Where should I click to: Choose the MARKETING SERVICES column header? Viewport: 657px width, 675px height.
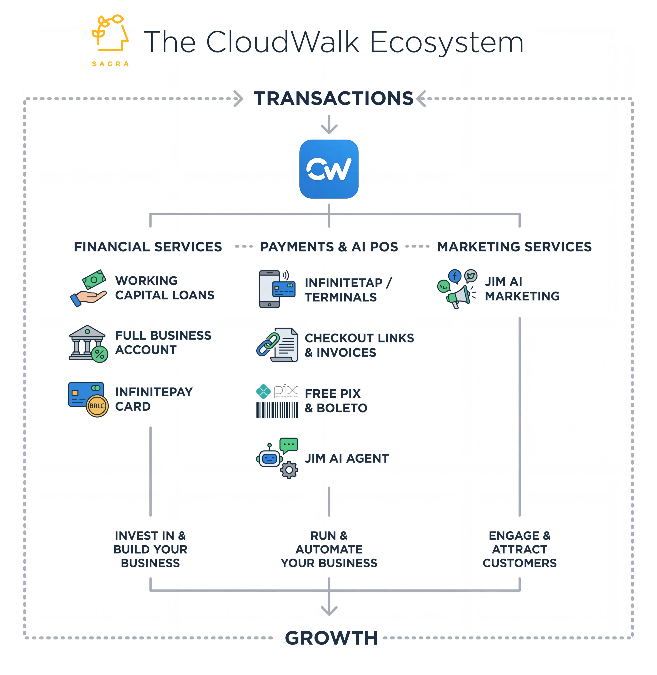(514, 247)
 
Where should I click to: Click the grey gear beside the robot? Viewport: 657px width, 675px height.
(289, 470)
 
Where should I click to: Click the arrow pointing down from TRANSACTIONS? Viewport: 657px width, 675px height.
(329, 125)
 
